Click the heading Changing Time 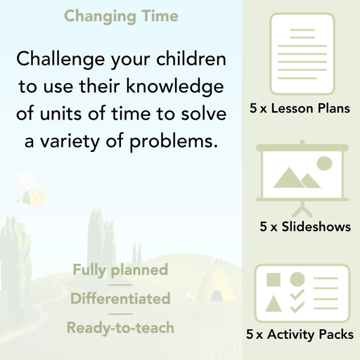pos(121,15)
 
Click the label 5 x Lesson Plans pos(300,109)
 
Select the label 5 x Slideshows pos(305,227)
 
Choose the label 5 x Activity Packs pos(300,335)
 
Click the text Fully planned pos(120,270)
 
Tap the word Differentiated pos(120,299)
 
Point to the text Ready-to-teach pos(120,328)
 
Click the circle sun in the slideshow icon pos(323,164)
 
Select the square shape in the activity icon pos(274,280)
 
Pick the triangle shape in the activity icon pos(274,304)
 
